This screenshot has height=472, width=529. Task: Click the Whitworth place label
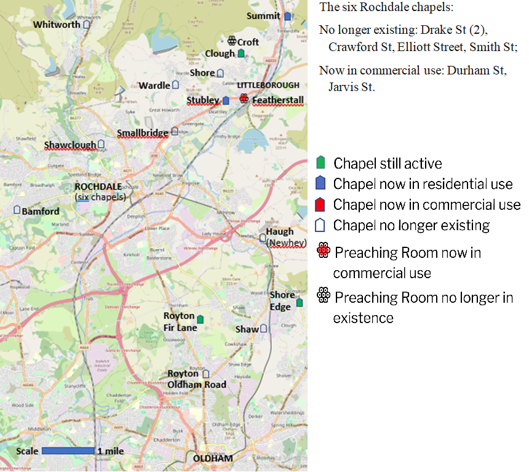click(57, 25)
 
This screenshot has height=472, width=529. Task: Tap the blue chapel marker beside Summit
click(287, 16)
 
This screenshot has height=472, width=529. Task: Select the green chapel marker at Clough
click(241, 54)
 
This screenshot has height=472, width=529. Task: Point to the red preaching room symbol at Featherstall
click(244, 99)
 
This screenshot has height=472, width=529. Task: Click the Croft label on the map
click(248, 42)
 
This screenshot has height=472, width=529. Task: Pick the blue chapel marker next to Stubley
click(226, 100)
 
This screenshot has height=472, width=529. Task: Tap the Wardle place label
click(154, 86)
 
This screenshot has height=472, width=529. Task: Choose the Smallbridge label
click(142, 132)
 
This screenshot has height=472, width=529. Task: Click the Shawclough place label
click(70, 145)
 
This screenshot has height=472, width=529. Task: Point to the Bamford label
click(41, 211)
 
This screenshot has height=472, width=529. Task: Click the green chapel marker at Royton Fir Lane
click(200, 319)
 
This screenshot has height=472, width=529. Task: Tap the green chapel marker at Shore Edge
click(300, 302)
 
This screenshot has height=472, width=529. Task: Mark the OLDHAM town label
click(213, 459)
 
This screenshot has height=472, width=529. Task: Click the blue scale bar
click(68, 451)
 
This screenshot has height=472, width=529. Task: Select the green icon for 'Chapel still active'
click(320, 163)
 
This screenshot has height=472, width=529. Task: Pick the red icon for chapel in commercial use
click(320, 204)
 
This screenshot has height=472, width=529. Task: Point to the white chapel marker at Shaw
click(264, 329)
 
